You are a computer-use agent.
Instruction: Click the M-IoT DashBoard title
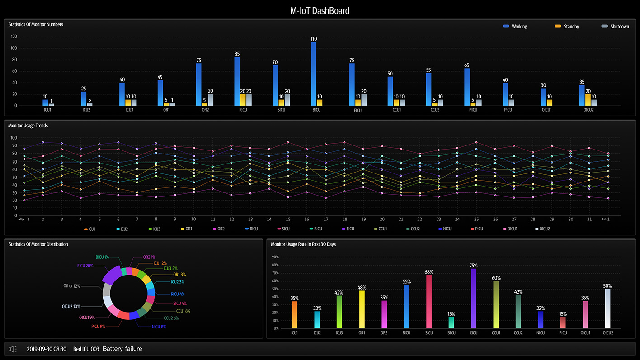pyautogui.click(x=320, y=11)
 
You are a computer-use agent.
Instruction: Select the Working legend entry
pyautogui.click(x=515, y=27)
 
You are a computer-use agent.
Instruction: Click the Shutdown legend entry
pyautogui.click(x=615, y=27)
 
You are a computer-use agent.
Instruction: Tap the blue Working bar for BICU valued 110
pyautogui.click(x=313, y=74)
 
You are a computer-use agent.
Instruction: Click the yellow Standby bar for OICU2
pyautogui.click(x=588, y=100)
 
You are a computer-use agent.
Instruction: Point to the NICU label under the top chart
pyautogui.click(x=473, y=110)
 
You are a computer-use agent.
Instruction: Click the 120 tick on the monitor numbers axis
pyautogui.click(x=14, y=37)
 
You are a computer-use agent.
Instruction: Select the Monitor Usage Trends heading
pyautogui.click(x=28, y=126)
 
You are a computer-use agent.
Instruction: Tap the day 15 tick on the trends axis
pyautogui.click(x=269, y=219)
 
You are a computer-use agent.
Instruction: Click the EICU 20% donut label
pyautogui.click(x=85, y=266)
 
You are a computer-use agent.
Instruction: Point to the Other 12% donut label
pyautogui.click(x=71, y=286)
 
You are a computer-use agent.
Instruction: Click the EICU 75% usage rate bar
pyautogui.click(x=474, y=298)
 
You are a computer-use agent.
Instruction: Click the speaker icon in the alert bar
pyautogui.click(x=13, y=349)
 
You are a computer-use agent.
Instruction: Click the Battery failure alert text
pyautogui.click(x=122, y=349)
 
